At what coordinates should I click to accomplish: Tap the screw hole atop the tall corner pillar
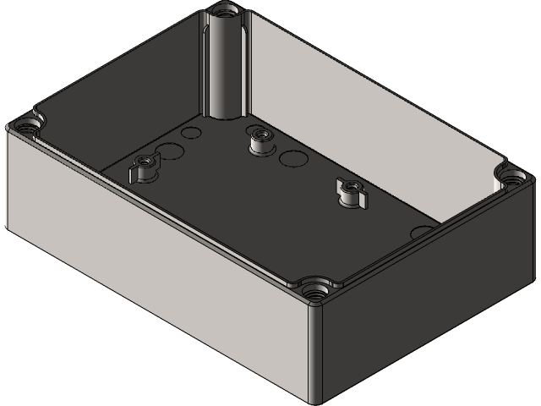point(224,12)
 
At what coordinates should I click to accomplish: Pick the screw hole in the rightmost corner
point(512,177)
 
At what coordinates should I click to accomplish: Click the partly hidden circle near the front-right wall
point(421,230)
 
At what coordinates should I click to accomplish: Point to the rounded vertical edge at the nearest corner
point(317,355)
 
